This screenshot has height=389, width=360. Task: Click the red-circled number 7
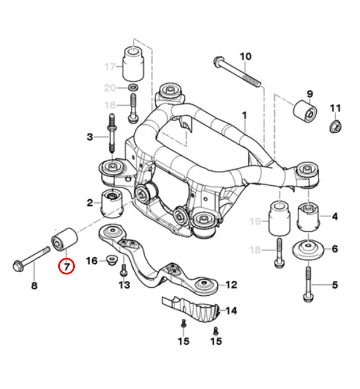coord(66,266)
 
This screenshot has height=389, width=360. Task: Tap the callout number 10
coord(245,56)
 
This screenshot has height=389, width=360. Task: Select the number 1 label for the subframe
coord(244,116)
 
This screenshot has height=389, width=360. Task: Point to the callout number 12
coord(231,284)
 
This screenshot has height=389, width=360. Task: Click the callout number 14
coord(231,311)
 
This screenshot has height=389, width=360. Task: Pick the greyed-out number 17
coord(110,67)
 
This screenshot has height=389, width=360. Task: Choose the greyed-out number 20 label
coord(110,87)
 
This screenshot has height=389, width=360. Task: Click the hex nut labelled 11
coord(335,125)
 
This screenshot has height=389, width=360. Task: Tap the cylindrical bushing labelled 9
coord(305,111)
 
